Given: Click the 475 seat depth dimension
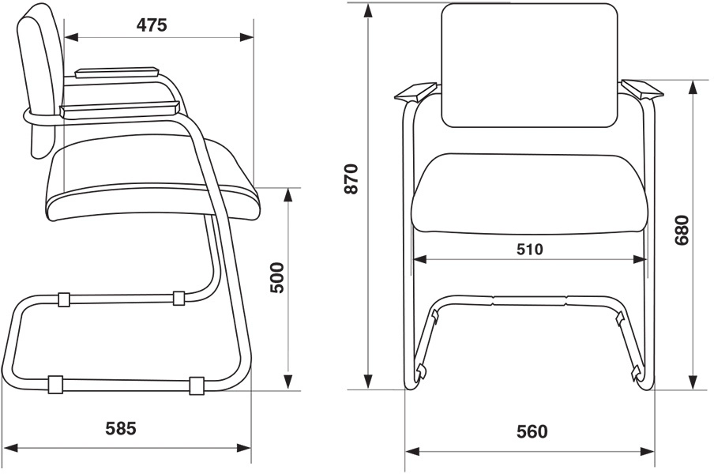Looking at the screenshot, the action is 152,25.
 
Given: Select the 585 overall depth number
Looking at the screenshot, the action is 121,428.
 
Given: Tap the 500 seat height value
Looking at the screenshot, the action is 277,277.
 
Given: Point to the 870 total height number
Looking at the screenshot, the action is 351,179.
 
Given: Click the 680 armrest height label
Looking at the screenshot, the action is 682,230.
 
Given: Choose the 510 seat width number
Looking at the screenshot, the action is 530,249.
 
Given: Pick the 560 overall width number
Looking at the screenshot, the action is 532,431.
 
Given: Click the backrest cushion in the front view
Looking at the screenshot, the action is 530,65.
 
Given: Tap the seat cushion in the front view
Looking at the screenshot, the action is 530,194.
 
